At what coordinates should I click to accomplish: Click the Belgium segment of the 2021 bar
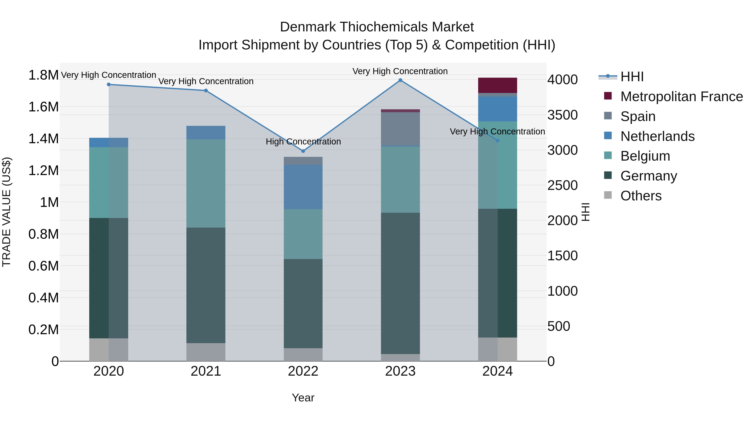pyautogui.click(x=206, y=183)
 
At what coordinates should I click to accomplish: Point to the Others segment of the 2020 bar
pyautogui.click(x=108, y=349)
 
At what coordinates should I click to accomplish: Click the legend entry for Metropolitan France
pyautogui.click(x=681, y=97)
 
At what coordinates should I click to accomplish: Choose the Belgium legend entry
pyautogui.click(x=645, y=156)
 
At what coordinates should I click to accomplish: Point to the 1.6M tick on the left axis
pyautogui.click(x=43, y=107)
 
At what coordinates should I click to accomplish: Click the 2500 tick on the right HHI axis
pyautogui.click(x=562, y=185)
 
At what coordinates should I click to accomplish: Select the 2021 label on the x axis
pyautogui.click(x=206, y=371)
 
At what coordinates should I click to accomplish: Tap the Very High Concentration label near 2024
pyautogui.click(x=497, y=132)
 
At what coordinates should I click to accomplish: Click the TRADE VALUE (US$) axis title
pyautogui.click(x=6, y=212)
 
